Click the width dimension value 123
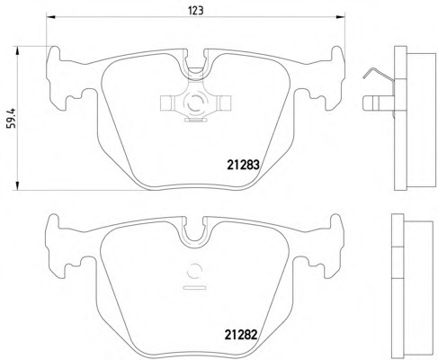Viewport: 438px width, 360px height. pos(196,11)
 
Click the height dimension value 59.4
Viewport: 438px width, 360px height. pos(12,118)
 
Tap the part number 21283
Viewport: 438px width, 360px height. pos(243,165)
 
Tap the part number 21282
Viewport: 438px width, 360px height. pos(241,335)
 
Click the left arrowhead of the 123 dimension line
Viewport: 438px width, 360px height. pos(50,17)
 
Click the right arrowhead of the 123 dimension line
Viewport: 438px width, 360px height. pos(341,17)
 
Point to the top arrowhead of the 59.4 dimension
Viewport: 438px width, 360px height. pos(18,50)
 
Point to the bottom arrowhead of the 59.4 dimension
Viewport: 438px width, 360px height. pos(18,185)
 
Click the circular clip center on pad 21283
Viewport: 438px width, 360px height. pos(195,102)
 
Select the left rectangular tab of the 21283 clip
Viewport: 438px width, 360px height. pos(166,103)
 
